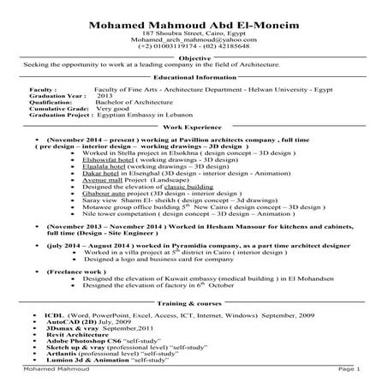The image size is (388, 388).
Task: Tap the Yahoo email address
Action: click(x=194, y=40)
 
